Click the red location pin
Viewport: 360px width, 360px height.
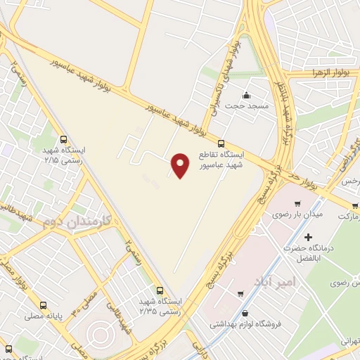181,165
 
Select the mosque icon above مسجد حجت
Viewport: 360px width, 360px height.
245,96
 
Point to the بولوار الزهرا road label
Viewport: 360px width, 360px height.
326,74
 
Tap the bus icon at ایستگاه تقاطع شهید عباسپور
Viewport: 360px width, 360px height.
222,143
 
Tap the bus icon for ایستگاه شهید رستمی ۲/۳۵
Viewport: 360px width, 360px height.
161,289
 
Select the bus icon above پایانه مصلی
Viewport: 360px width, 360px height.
44,307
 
